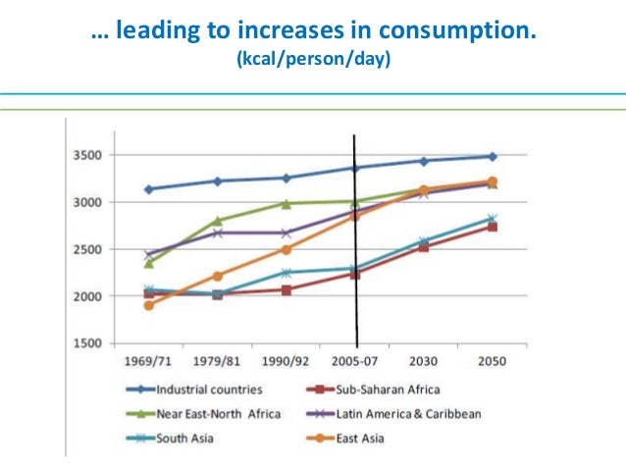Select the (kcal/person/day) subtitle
pyautogui.click(x=312, y=61)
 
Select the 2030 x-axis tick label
pyautogui.click(x=423, y=361)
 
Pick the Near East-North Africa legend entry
pyautogui.click(x=201, y=413)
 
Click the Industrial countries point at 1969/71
pyautogui.click(x=149, y=189)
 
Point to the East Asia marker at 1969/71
pyautogui.click(x=149, y=305)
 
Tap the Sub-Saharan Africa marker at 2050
pyautogui.click(x=492, y=227)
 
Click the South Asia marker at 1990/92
pyautogui.click(x=287, y=273)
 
